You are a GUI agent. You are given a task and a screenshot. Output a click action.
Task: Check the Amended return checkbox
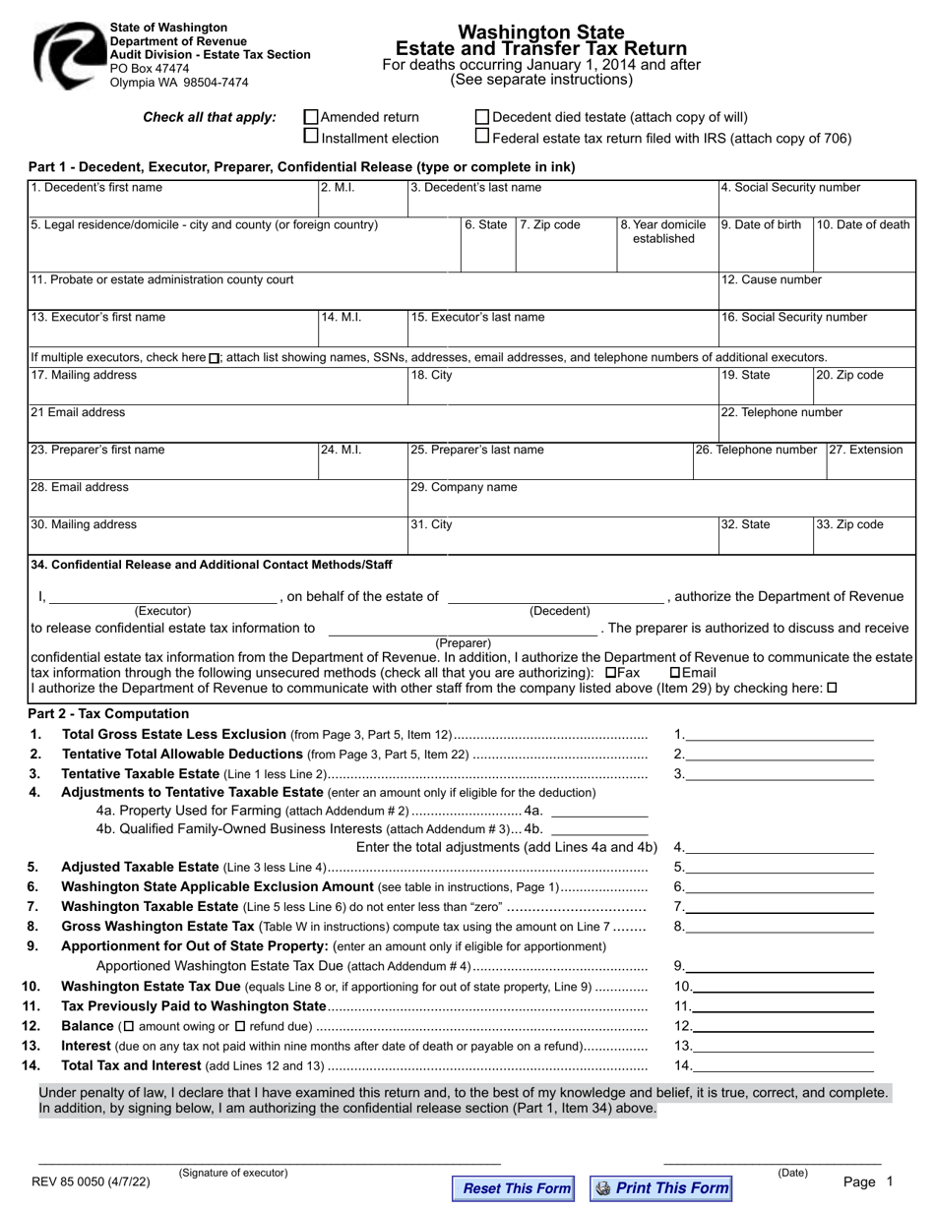click(312, 117)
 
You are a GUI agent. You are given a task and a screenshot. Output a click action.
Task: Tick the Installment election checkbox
click(312, 137)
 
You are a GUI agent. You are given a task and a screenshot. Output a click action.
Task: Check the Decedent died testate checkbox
click(482, 117)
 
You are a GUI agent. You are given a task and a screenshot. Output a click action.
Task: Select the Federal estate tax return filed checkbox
click(482, 137)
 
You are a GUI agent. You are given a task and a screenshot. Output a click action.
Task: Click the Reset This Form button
click(515, 1188)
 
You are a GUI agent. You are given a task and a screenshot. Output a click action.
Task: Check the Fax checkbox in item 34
click(611, 673)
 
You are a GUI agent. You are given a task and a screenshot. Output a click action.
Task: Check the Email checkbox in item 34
click(675, 673)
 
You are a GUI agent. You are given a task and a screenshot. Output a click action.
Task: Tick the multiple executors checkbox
click(215, 358)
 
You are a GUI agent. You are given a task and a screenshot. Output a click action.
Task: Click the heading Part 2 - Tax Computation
click(108, 713)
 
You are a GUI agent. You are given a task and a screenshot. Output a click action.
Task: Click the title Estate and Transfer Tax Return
click(540, 48)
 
